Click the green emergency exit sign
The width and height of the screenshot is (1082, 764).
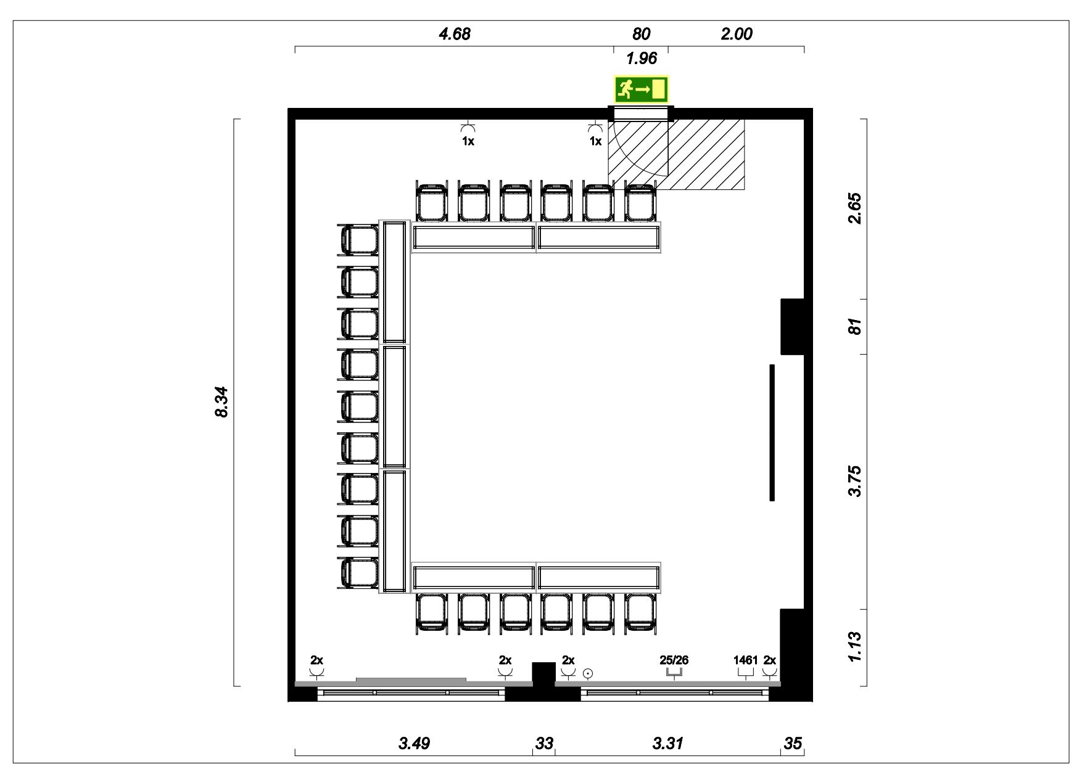click(641, 89)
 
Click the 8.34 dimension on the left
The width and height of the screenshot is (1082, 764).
click(221, 402)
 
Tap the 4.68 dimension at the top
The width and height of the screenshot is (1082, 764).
click(455, 34)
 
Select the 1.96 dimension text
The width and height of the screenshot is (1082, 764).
click(642, 59)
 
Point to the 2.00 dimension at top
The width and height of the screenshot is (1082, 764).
click(737, 34)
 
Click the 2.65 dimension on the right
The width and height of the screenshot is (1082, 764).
click(854, 208)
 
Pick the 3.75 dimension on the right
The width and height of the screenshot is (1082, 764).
click(854, 481)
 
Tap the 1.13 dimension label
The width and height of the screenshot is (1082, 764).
click(854, 647)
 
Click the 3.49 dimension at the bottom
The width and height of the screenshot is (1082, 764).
click(414, 743)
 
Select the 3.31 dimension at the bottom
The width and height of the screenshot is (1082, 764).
click(668, 743)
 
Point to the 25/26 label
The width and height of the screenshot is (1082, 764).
click(674, 660)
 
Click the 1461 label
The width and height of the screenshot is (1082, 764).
click(745, 660)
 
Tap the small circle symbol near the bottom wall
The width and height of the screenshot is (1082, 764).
click(588, 673)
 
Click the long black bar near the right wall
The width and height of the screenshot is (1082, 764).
click(772, 432)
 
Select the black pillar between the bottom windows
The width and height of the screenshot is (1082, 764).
click(543, 674)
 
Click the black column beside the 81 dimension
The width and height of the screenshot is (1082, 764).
click(792, 327)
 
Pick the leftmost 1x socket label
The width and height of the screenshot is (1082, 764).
click(468, 141)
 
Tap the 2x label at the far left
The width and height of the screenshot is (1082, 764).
click(316, 660)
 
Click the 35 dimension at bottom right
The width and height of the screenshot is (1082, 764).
click(793, 743)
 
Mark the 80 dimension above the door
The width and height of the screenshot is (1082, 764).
click(641, 34)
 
